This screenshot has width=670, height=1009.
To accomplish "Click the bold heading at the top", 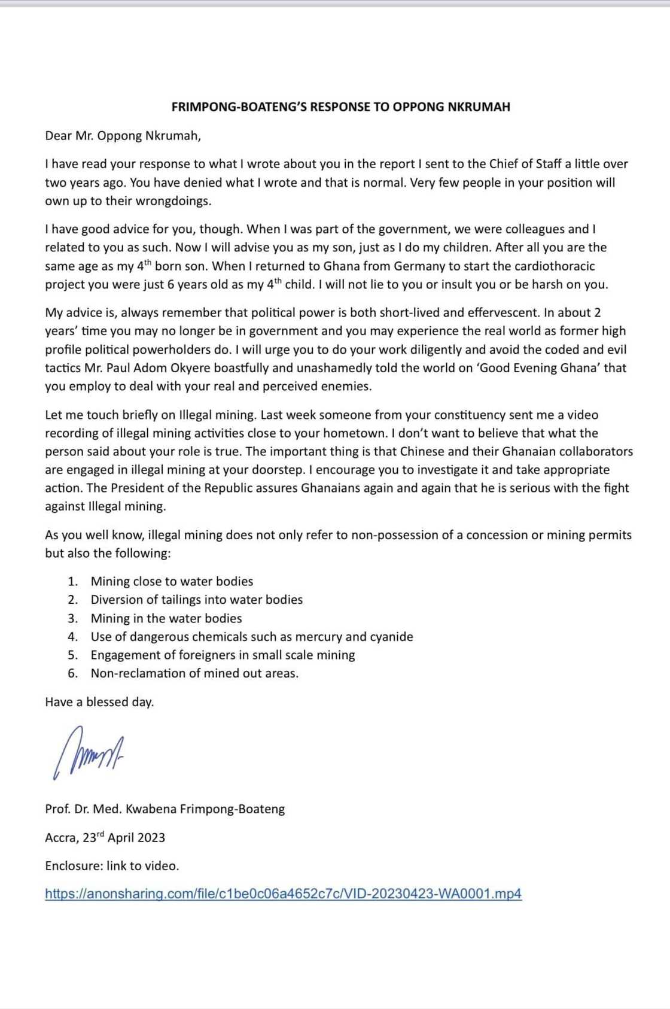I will point(340,107).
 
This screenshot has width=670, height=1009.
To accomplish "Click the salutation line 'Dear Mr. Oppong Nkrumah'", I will point(123,136).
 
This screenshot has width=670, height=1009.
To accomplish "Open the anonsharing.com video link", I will point(283,894).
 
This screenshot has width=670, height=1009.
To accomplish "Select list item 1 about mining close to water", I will point(172,582).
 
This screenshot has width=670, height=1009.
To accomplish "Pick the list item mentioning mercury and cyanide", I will point(251,637).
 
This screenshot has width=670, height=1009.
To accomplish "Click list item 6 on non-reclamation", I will point(194,673).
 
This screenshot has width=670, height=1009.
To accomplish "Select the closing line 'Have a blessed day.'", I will point(99,702).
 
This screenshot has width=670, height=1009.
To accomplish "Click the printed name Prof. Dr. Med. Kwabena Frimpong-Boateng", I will point(165,809).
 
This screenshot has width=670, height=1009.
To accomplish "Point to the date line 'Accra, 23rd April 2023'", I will point(105,837).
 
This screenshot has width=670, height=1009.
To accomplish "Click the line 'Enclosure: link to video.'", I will point(112,866).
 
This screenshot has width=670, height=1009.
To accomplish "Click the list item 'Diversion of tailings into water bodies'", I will point(196,600).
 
